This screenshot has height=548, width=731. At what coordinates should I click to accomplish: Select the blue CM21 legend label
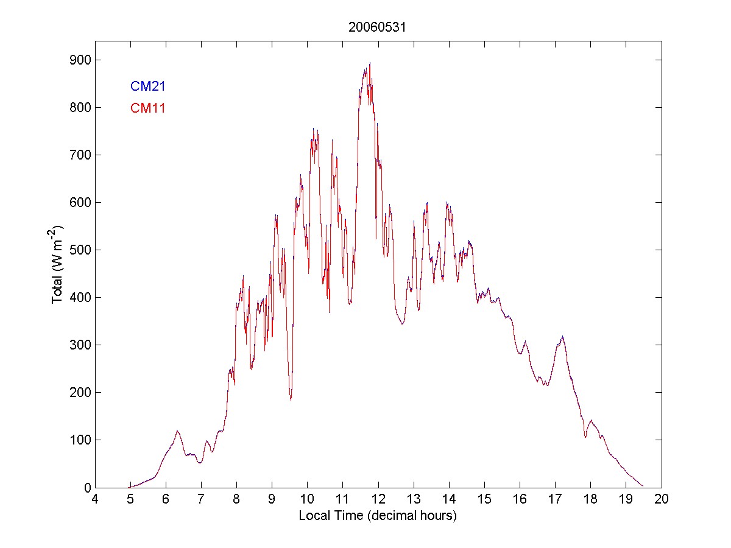click(148, 86)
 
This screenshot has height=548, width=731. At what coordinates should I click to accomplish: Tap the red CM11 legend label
click(148, 108)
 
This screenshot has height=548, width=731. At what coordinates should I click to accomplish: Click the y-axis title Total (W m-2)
click(58, 264)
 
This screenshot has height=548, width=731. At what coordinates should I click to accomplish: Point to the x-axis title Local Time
click(378, 516)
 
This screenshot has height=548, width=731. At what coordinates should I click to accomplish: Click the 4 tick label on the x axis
click(95, 499)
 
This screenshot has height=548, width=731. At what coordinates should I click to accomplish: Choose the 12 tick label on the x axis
click(378, 499)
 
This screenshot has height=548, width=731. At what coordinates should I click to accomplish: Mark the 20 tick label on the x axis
click(662, 499)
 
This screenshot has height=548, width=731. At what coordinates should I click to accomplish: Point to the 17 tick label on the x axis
click(555, 499)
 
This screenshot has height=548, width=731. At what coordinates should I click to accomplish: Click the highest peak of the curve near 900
click(370, 63)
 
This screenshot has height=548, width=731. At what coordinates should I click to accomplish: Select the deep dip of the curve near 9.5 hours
click(291, 399)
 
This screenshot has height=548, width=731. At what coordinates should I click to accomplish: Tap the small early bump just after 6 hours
click(177, 431)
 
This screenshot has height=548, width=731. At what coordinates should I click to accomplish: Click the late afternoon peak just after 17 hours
click(562, 337)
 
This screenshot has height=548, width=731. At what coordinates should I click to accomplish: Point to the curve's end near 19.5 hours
click(643, 486)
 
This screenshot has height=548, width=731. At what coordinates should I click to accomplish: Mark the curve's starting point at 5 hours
click(130, 487)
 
